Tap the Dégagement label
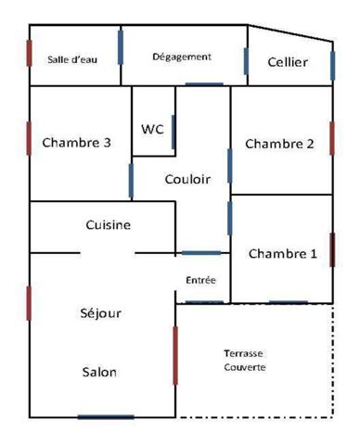182,57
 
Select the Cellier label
287,62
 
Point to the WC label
152,129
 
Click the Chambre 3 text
77,143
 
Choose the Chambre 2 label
279,144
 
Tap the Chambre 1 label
282,253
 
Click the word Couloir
187,179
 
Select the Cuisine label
108,224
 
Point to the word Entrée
201,278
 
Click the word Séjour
101,312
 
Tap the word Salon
99,372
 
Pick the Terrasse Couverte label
245,360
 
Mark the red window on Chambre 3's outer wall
30,138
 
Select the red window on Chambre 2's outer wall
331,137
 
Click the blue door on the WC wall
174,131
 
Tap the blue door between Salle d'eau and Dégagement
121,46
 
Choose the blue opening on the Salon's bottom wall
105,416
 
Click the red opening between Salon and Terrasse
175,354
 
